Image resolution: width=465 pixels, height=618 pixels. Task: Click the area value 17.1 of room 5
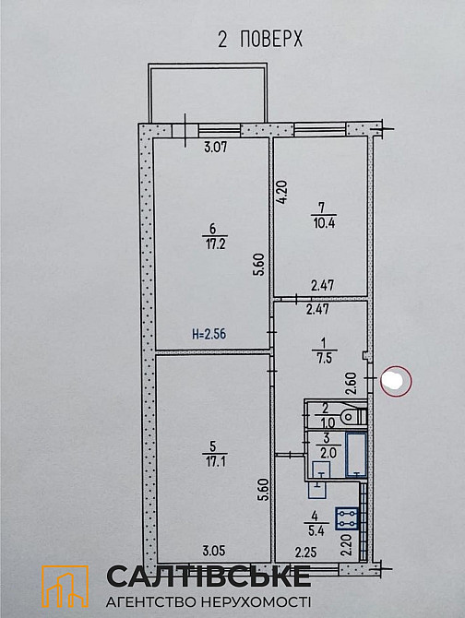pos(211,458)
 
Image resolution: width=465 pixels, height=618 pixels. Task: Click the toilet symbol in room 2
pos(353,416)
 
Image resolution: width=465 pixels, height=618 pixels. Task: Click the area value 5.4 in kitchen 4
pos(316,531)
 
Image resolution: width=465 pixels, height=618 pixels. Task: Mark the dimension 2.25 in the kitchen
pos(305,553)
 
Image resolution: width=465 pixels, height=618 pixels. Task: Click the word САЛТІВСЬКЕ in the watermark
pos(209,577)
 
